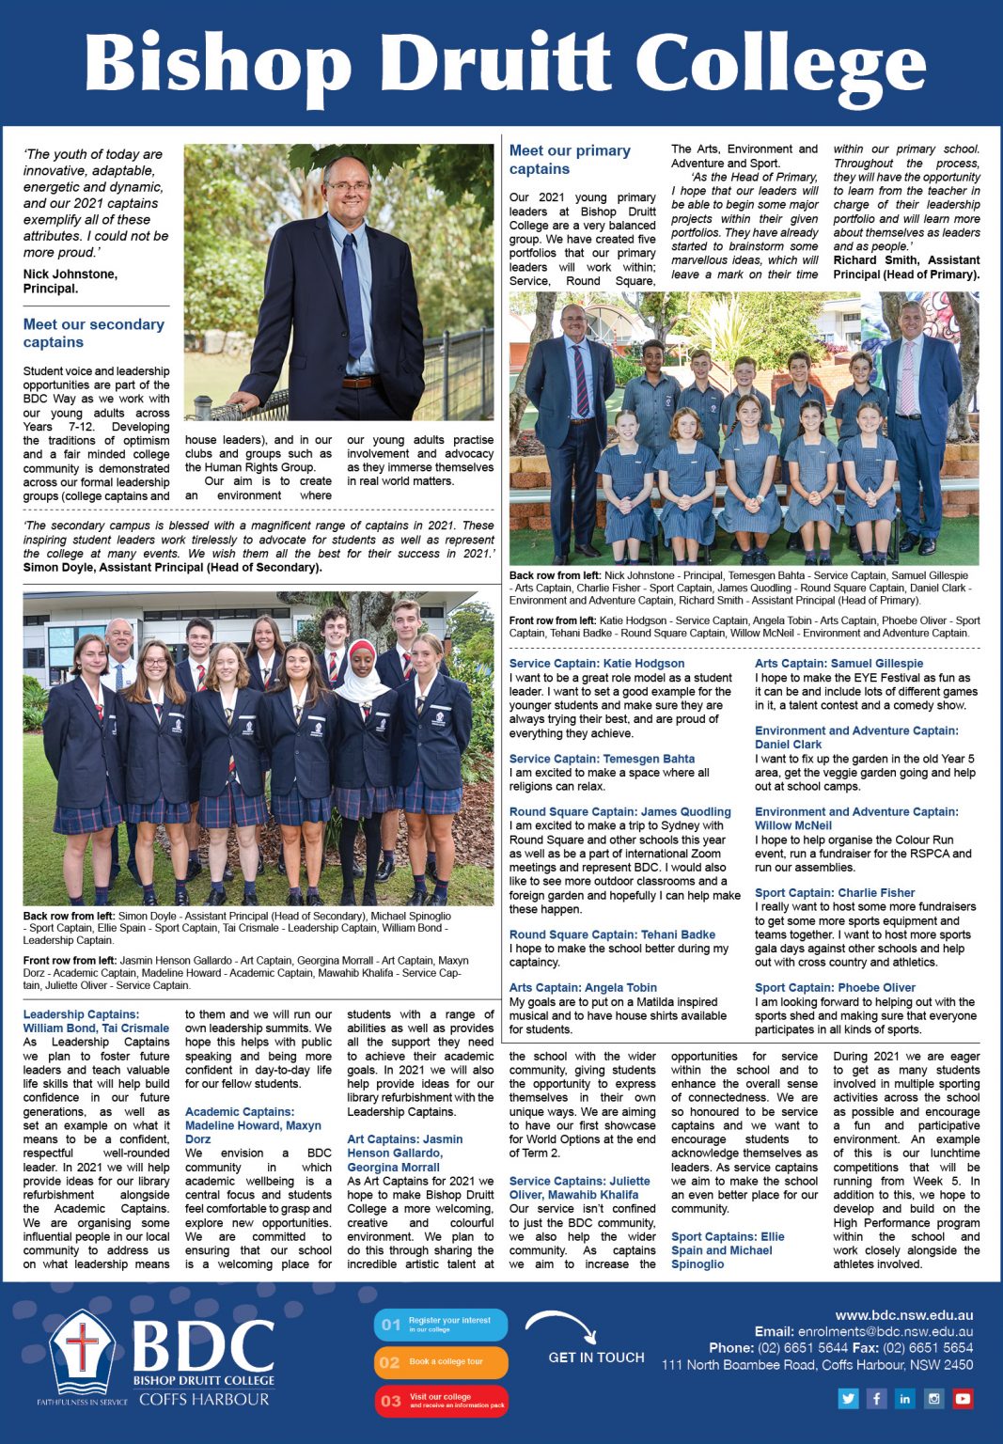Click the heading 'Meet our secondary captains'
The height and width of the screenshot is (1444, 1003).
(93, 333)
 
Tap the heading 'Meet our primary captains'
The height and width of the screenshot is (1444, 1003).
(570, 160)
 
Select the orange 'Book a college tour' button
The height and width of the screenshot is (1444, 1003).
(441, 1362)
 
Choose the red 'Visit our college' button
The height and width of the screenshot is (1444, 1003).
(441, 1401)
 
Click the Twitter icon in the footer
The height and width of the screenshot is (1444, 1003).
(848, 1399)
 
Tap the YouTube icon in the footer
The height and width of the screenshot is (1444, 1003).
(963, 1399)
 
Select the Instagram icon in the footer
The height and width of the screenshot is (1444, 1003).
(933, 1399)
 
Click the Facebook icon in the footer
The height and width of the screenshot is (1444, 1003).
(876, 1399)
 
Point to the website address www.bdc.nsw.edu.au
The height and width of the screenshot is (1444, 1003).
(903, 1315)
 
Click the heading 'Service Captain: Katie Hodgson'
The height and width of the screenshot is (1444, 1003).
(597, 663)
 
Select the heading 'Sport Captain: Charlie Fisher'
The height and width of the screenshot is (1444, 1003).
(835, 893)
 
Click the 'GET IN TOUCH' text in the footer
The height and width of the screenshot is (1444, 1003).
(597, 1358)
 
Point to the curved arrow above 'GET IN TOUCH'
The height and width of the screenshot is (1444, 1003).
(561, 1326)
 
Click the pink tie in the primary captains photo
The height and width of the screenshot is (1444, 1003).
(907, 377)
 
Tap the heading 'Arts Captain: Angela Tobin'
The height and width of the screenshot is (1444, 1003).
(583, 988)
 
